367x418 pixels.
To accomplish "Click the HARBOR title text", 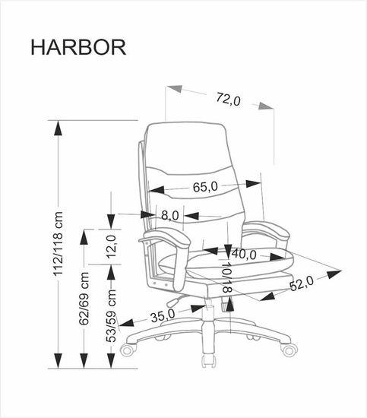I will [78, 47].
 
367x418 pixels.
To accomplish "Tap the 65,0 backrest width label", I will [205, 186].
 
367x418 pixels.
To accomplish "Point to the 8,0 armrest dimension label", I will [169, 216].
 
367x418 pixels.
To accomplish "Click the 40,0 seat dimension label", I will [243, 254].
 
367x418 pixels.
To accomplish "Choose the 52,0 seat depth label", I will [302, 283].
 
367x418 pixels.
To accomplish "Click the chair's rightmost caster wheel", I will [289, 350].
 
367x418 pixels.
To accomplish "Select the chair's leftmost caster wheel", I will [128, 350].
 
